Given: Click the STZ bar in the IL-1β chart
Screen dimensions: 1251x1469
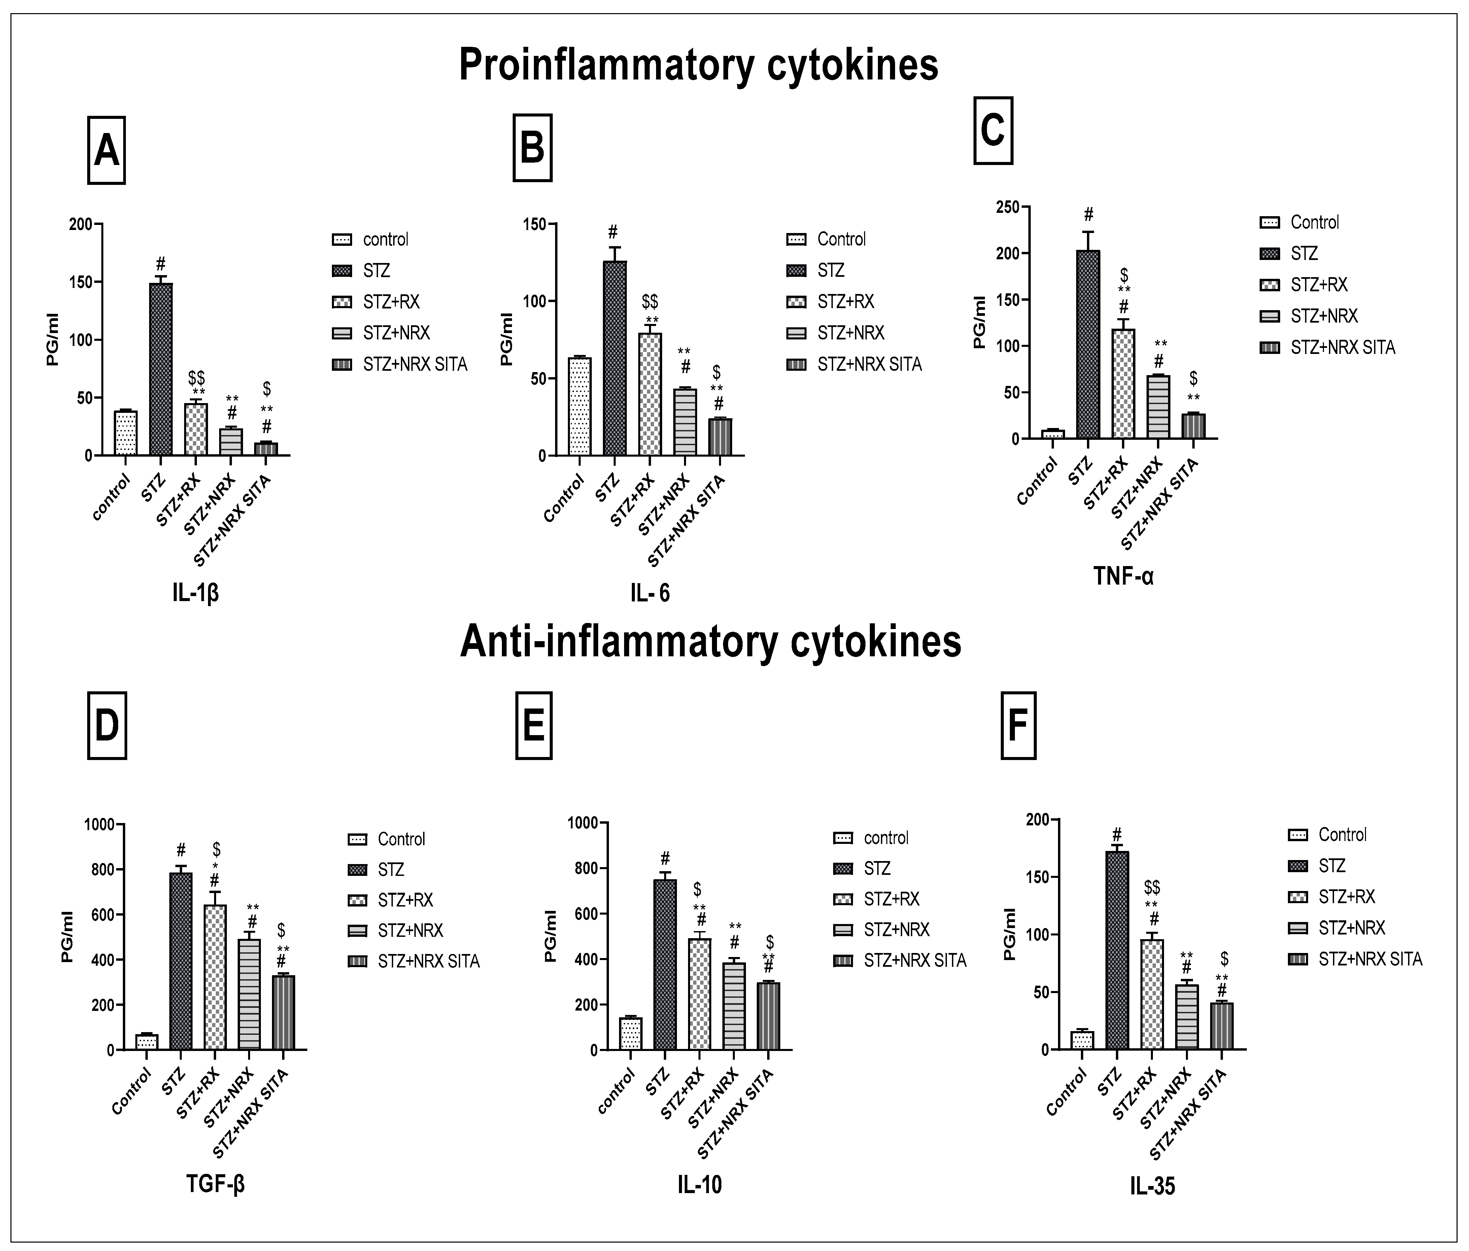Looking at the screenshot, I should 161,369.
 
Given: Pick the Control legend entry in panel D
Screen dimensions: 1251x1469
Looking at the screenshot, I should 401,839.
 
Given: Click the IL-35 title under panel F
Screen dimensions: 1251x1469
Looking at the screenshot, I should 1153,1186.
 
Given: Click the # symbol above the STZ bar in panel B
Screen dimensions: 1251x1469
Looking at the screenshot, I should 613,233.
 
